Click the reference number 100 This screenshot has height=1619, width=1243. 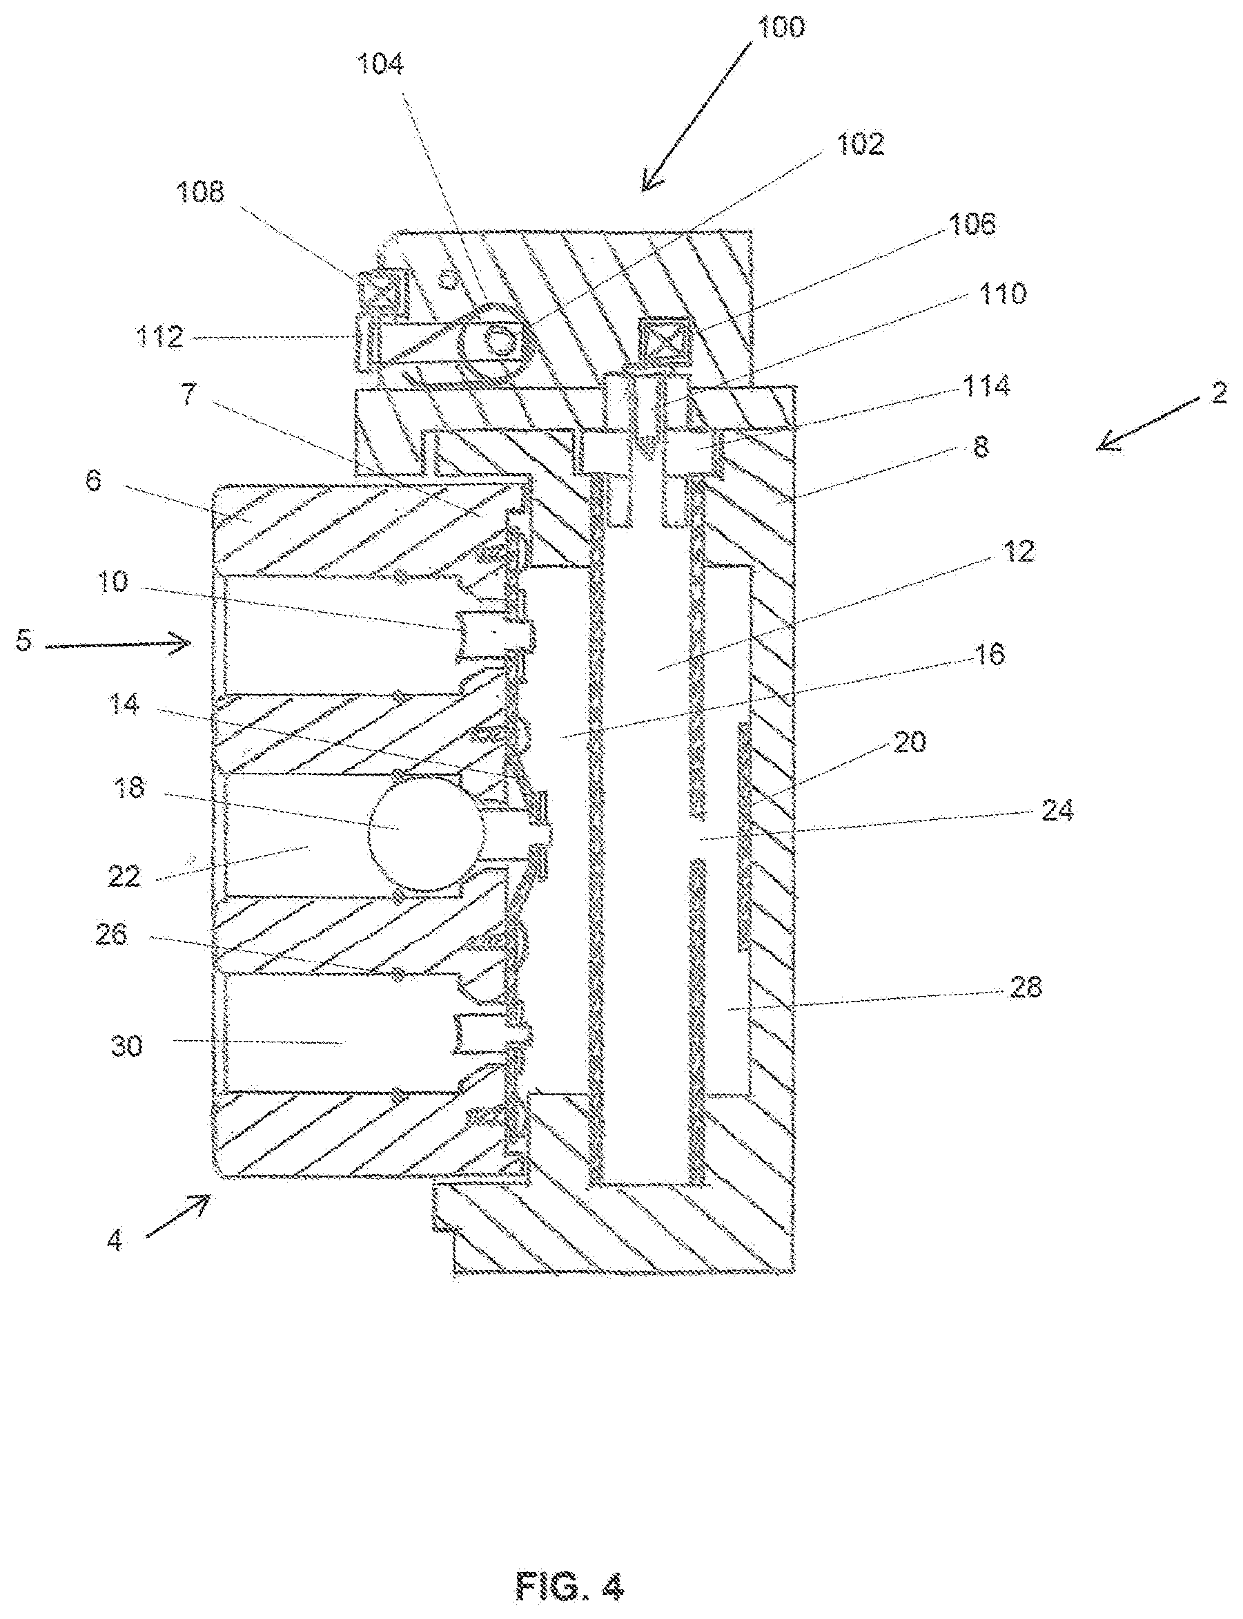[x=781, y=28]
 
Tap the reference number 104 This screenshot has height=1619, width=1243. [x=380, y=64]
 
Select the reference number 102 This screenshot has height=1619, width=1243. [x=860, y=144]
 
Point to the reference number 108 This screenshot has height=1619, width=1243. [x=199, y=193]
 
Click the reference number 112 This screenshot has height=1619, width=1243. [x=159, y=337]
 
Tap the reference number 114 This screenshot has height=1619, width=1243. [x=986, y=385]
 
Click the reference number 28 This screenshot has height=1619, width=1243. [x=1025, y=987]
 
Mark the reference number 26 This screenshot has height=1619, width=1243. [x=111, y=935]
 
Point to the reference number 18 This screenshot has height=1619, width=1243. [x=129, y=787]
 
